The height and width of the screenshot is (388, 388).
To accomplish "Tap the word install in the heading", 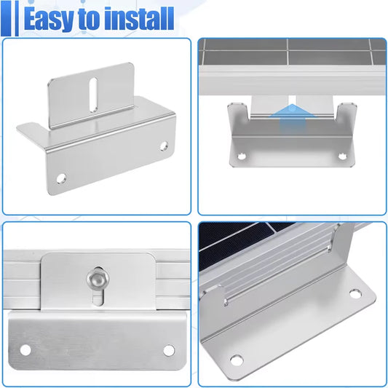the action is pyautogui.click(x=139, y=18).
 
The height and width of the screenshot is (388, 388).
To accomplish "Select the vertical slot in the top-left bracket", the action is pyautogui.click(x=93, y=95).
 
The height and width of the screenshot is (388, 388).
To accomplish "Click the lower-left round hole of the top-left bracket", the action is pyautogui.click(x=61, y=178).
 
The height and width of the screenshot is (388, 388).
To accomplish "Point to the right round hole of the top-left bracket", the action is pyautogui.click(x=164, y=146).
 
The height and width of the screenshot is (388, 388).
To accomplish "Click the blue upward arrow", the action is pyautogui.click(x=293, y=119).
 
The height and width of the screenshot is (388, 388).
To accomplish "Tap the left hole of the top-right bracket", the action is pyautogui.click(x=241, y=157).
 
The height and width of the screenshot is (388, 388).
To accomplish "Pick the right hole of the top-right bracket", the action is pyautogui.click(x=342, y=156).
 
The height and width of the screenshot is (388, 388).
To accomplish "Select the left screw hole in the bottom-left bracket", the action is pyautogui.click(x=25, y=349).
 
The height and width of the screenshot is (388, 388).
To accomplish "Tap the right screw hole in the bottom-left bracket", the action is pyautogui.click(x=169, y=350).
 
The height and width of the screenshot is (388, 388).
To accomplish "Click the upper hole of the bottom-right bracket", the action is pyautogui.click(x=355, y=293).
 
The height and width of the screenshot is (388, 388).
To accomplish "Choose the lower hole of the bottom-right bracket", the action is pyautogui.click(x=237, y=360).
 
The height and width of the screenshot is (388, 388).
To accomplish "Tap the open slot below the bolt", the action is pyautogui.click(x=98, y=298).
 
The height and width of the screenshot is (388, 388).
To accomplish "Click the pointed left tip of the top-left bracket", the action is pyautogui.click(x=17, y=128).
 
